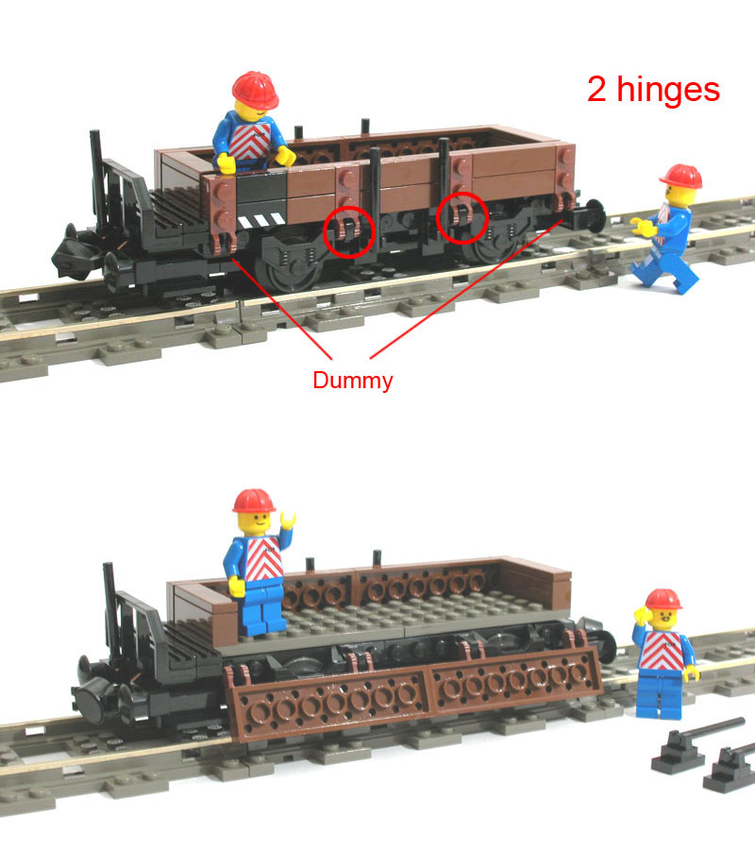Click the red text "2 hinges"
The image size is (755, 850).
click(x=653, y=89)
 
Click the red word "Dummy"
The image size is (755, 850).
click(x=353, y=381)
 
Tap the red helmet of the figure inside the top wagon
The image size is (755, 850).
click(x=255, y=90)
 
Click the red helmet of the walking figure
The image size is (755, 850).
click(x=681, y=177)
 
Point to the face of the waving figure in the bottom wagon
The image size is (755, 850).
click(x=255, y=523)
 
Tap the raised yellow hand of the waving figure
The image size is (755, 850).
click(x=287, y=520)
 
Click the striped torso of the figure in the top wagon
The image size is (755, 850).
click(x=249, y=141)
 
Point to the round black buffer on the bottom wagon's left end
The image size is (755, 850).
click(x=92, y=705)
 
